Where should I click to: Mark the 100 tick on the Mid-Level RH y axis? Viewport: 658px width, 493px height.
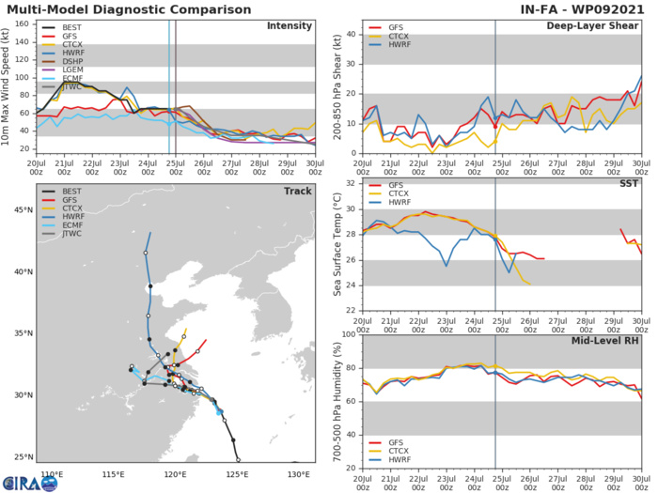click(348, 335)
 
